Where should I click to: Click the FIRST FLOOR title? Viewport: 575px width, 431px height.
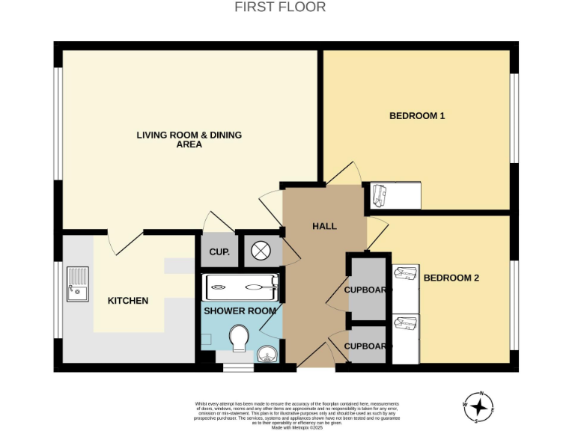(280, 7)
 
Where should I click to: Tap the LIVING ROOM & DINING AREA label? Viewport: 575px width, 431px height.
(189, 140)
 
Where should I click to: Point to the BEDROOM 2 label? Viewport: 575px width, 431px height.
(451, 278)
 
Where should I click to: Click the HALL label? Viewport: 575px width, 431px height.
(324, 226)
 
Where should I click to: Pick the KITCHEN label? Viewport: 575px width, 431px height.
(128, 301)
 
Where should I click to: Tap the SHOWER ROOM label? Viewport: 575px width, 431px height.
(240, 311)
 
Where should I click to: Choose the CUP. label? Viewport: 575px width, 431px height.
(219, 252)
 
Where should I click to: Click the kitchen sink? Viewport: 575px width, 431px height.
(77, 284)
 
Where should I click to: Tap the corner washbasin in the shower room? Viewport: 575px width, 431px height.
(267, 354)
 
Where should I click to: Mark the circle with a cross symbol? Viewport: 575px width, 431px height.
(260, 251)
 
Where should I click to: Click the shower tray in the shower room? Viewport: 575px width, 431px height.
(242, 285)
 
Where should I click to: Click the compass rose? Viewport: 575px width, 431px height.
(478, 408)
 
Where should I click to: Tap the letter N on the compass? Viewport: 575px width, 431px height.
(483, 394)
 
